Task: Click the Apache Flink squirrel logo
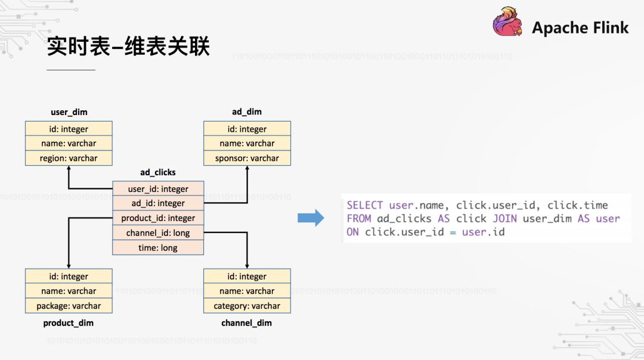coord(507,25)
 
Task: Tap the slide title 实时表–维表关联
coord(128,46)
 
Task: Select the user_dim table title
coord(69,111)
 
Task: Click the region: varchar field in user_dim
coord(69,158)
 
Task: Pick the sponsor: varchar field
coord(247,158)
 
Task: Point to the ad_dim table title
coord(247,111)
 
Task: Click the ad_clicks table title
coord(158,172)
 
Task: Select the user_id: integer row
coord(158,189)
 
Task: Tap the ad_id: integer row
coord(158,203)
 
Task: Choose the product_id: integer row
coord(158,218)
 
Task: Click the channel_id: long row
coord(158,233)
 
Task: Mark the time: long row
coord(158,247)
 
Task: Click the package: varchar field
coord(69,306)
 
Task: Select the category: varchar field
coord(247,306)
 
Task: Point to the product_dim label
coord(69,323)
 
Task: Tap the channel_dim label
coord(247,323)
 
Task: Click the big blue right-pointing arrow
coord(311,218)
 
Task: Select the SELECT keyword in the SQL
coord(364,205)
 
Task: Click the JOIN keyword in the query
coord(504,219)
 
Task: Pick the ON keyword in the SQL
coord(352,232)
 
